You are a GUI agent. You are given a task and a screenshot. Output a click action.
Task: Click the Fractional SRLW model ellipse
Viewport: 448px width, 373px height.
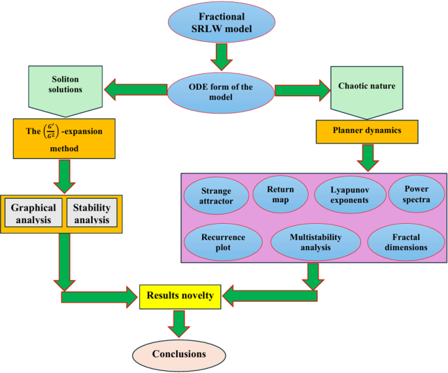pyautogui.click(x=224, y=23)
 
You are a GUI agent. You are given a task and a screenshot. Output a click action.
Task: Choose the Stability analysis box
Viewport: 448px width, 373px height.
pyautogui.click(x=91, y=213)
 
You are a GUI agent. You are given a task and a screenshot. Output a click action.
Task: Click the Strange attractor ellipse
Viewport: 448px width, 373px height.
pyautogui.click(x=216, y=196)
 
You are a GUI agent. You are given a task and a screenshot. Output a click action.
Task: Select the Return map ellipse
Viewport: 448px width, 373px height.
pyautogui.click(x=281, y=194)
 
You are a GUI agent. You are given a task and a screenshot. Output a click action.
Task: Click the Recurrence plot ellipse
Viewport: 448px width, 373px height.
pyautogui.click(x=216, y=242)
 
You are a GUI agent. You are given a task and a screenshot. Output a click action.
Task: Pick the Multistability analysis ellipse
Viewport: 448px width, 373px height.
pyautogui.click(x=311, y=242)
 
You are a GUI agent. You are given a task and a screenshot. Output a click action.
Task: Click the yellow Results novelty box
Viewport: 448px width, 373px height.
pyautogui.click(x=180, y=296)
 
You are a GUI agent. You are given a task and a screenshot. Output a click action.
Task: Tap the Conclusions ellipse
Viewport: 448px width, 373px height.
pyautogui.click(x=179, y=354)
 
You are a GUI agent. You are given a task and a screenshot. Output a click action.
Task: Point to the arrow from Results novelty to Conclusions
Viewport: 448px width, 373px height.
pyautogui.click(x=179, y=321)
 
